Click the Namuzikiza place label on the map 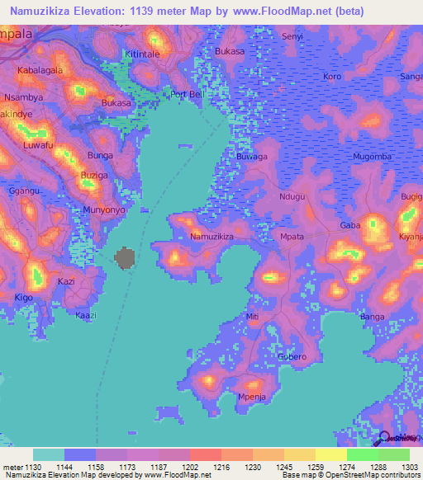(x=212, y=237)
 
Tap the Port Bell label (x=187, y=94)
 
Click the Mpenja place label (x=250, y=397)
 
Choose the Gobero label (x=292, y=356)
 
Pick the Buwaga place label (x=252, y=156)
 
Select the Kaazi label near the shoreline (x=86, y=315)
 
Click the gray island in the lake (x=126, y=258)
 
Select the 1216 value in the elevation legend (x=222, y=467)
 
